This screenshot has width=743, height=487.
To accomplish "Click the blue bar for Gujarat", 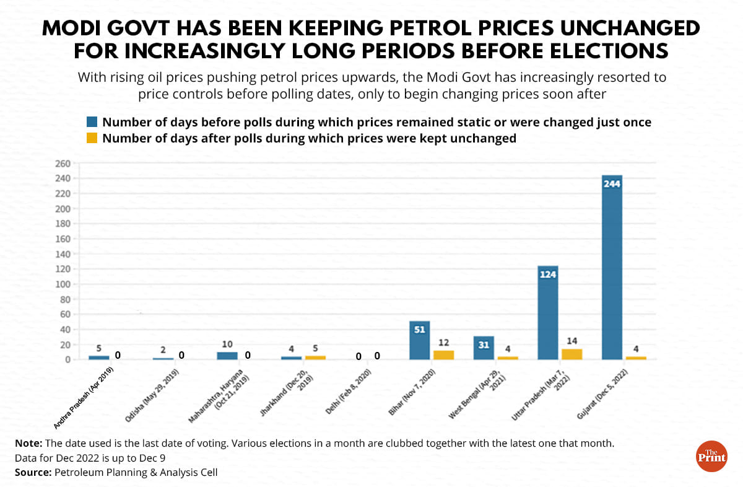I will pyautogui.click(x=612, y=267).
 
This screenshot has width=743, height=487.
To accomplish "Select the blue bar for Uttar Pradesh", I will pyautogui.click(x=547, y=312).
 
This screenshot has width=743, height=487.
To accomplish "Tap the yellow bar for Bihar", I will pyautogui.click(x=443, y=355).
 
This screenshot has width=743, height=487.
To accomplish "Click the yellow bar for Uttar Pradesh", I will pyautogui.click(x=571, y=354).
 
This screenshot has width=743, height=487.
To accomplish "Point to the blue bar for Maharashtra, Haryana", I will pyautogui.click(x=227, y=356).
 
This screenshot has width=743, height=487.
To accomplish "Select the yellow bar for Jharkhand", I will pyautogui.click(x=315, y=358).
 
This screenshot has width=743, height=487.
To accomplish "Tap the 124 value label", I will pyautogui.click(x=547, y=274).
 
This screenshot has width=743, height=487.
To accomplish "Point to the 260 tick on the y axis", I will pyautogui.click(x=63, y=164).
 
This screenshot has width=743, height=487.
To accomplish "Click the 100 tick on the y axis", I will pyautogui.click(x=63, y=284).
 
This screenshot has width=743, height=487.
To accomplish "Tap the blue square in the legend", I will pyautogui.click(x=92, y=122).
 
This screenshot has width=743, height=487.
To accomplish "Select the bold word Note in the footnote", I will pyautogui.click(x=28, y=444).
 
